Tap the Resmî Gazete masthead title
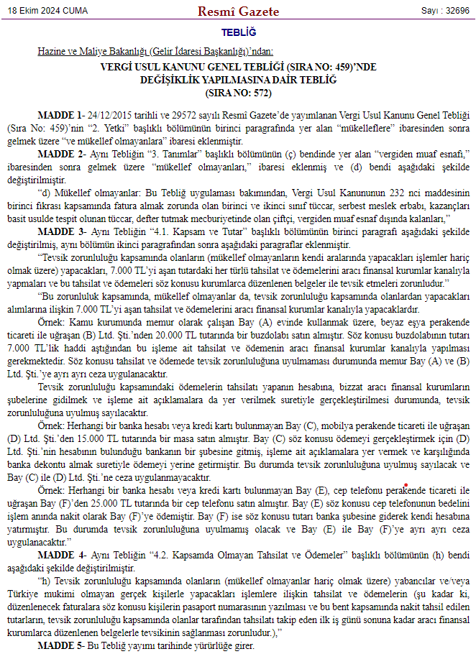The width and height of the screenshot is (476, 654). [237, 11]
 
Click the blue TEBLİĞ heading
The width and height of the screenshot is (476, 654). [238, 32]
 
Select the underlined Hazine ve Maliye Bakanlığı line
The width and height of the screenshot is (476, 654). [156, 52]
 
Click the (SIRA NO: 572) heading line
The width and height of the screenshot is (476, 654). [238, 93]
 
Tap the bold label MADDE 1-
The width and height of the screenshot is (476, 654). [60, 115]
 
